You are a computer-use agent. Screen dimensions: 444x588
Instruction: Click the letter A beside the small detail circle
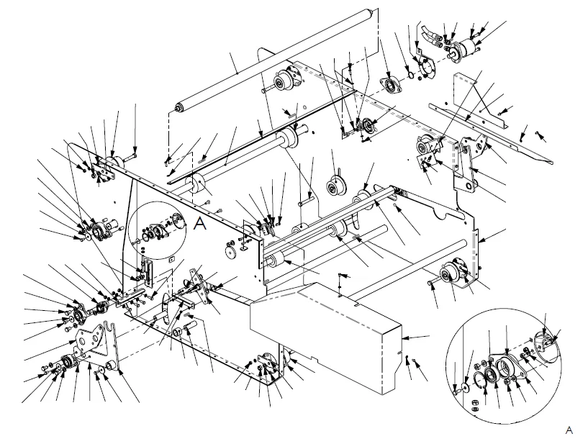point(199,224)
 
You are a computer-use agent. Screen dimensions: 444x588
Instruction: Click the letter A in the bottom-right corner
point(569,430)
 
